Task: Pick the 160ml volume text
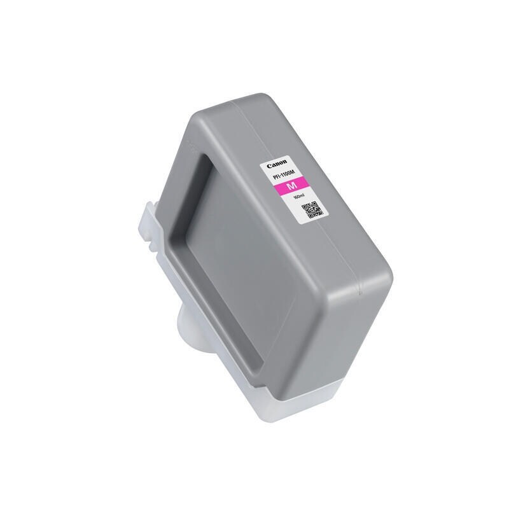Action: pos(297,198)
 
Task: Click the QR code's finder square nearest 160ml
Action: pos(305,205)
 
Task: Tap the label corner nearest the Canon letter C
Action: pos(260,166)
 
